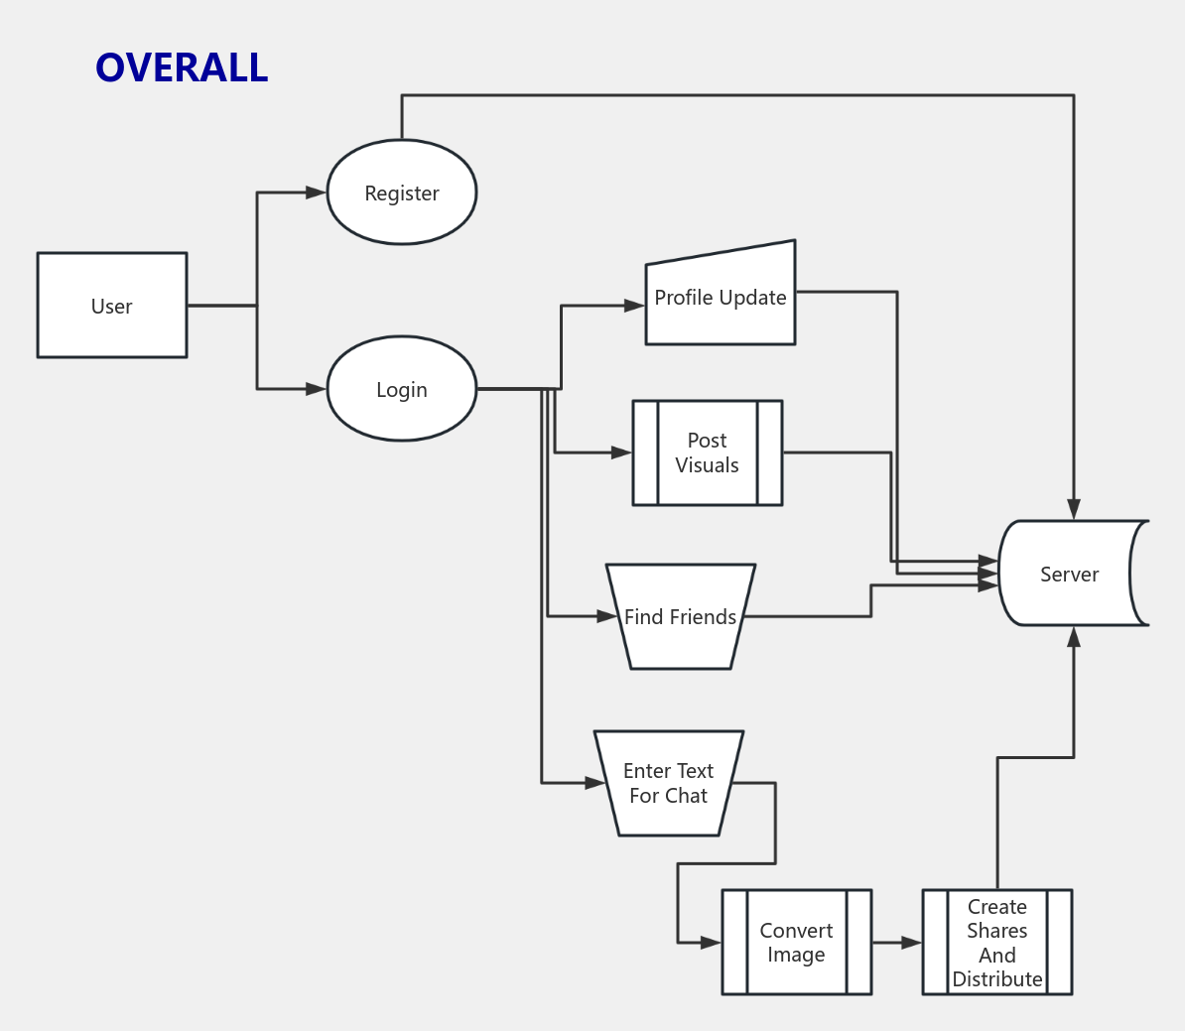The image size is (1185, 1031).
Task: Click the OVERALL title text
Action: (182, 67)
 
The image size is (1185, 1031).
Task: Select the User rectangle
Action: (112, 306)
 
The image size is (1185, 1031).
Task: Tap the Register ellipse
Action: (402, 193)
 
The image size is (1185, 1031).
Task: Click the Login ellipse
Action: (402, 389)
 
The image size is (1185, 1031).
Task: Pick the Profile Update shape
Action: (721, 298)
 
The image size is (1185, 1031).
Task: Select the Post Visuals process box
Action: (708, 452)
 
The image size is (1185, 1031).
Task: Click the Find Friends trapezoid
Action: (681, 617)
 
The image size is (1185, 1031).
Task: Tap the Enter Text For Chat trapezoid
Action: (669, 783)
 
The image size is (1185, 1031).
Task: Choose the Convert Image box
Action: (797, 942)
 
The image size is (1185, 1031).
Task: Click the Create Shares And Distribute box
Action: (997, 942)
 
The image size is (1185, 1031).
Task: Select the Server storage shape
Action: (1071, 574)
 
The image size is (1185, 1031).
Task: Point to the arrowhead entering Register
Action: (317, 193)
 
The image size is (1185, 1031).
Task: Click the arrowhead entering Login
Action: (317, 389)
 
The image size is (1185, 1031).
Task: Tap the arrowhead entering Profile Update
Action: (635, 306)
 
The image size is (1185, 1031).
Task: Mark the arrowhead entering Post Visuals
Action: (622, 452)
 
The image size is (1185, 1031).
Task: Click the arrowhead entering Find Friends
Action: (607, 616)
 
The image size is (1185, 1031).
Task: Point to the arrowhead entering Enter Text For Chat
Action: (595, 783)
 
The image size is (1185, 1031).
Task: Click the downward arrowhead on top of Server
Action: (1074, 510)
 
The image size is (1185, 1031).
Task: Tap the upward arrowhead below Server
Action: (1074, 637)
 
